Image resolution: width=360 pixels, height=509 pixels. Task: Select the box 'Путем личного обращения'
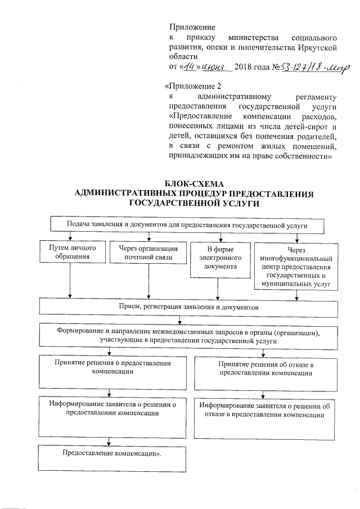(70, 253)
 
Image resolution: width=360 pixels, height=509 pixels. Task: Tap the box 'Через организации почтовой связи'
(148, 253)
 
